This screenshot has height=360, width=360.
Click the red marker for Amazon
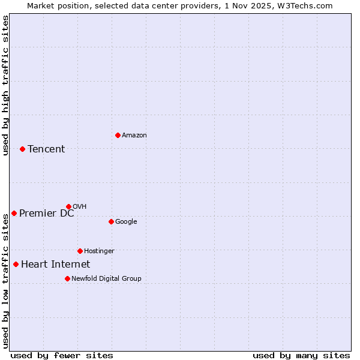tap(118, 135)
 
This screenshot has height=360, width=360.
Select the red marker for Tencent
tap(22, 149)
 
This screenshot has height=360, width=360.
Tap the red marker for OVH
tap(68, 206)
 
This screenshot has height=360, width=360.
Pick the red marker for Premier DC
tap(14, 213)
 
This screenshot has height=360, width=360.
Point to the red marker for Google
tap(111, 221)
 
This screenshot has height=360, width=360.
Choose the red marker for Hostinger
tap(80, 251)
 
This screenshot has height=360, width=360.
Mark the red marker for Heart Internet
tap(16, 264)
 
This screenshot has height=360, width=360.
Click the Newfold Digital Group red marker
tap(67, 278)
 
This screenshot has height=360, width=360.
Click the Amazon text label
tap(134, 135)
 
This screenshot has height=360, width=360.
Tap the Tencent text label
tap(46, 149)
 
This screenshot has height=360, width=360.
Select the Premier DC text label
tap(47, 213)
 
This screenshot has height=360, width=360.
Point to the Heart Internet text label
tap(56, 264)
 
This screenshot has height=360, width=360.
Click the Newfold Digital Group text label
tap(107, 278)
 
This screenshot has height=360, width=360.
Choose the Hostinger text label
tap(99, 251)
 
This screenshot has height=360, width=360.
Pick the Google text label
tap(126, 221)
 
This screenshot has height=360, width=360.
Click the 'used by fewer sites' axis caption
tap(62, 355)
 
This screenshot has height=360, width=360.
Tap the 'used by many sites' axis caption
tap(301, 355)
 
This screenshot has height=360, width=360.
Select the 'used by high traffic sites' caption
tap(5, 85)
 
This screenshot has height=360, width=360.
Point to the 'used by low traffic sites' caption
tap(5, 281)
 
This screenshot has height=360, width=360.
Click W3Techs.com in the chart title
tap(307, 5)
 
